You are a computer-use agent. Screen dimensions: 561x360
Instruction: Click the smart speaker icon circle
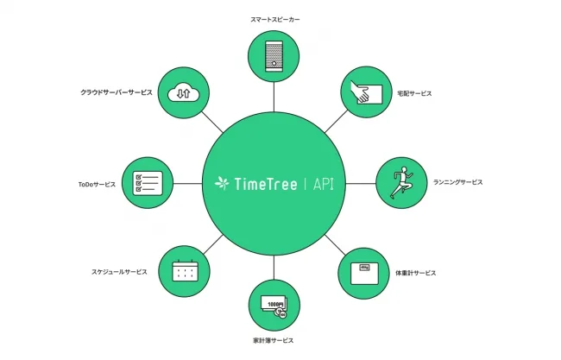[274, 54]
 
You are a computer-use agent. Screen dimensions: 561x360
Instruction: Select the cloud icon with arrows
[181, 91]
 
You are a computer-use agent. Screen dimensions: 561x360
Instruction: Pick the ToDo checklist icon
[148, 182]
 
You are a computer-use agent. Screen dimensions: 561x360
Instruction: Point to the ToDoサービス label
[97, 182]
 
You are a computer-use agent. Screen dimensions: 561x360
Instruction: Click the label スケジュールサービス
[119, 271]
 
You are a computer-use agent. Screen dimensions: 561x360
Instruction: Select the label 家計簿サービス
[274, 343]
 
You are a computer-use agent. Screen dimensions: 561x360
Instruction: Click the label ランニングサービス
[457, 182]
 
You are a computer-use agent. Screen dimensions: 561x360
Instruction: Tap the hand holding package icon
[365, 91]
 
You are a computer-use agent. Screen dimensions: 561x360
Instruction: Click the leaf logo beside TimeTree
[222, 183]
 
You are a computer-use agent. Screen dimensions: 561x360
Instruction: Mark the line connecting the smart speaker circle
[274, 94]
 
